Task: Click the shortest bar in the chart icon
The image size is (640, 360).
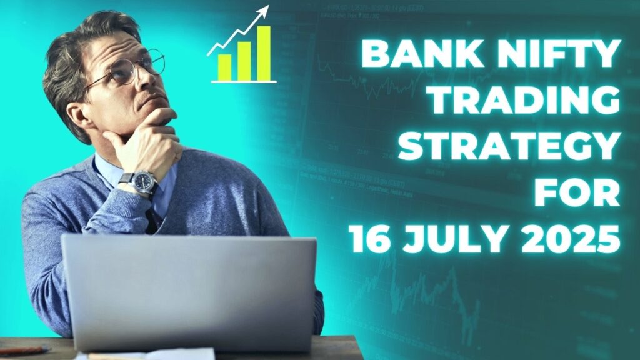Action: coord(224,67)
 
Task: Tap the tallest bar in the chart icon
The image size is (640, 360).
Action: coord(264,53)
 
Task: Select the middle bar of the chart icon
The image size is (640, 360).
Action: coord(244,61)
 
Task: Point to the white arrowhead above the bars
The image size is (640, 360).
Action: coord(264,11)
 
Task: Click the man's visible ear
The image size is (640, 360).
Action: coord(74,114)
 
